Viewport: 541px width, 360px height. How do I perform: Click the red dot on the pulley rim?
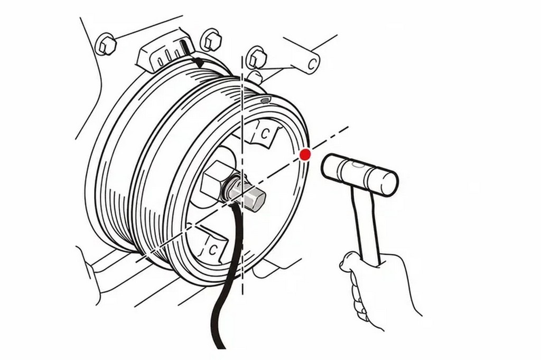click(x=305, y=155)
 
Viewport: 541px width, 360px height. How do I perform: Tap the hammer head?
click(x=359, y=174)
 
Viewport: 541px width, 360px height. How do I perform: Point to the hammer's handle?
click(x=367, y=224)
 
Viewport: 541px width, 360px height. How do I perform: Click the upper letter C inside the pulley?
click(x=264, y=134)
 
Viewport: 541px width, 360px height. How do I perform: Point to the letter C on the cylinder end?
click(x=312, y=63)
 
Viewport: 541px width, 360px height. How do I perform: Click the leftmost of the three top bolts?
click(x=105, y=44)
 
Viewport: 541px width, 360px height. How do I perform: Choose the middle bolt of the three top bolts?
click(x=210, y=40)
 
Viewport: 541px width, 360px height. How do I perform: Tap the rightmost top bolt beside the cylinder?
click(x=257, y=57)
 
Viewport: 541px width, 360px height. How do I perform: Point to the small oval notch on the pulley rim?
click(x=265, y=100)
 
